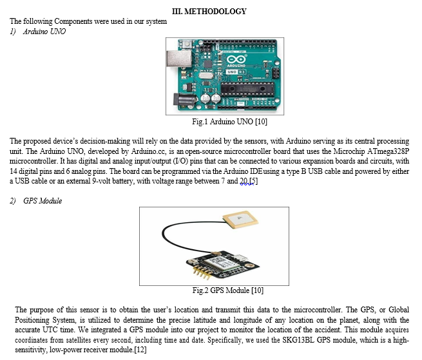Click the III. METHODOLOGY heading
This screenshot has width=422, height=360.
tap(209, 12)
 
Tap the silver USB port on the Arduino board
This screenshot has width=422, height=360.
tap(179, 59)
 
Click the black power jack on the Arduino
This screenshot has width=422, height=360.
tap(184, 100)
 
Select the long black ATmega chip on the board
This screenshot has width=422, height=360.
tap(247, 88)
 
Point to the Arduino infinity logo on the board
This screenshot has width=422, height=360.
tap(236, 59)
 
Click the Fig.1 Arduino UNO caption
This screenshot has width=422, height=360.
tap(229, 122)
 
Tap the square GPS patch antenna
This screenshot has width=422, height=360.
tap(240, 220)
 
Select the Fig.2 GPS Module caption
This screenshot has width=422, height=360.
tap(227, 290)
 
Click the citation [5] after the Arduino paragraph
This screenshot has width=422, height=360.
tap(254, 181)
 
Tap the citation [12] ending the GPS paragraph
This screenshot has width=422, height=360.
tap(140, 350)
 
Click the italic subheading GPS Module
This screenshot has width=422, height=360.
tap(43, 201)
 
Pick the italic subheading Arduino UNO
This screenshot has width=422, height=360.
tap(44, 32)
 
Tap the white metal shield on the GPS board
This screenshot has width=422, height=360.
tap(225, 263)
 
